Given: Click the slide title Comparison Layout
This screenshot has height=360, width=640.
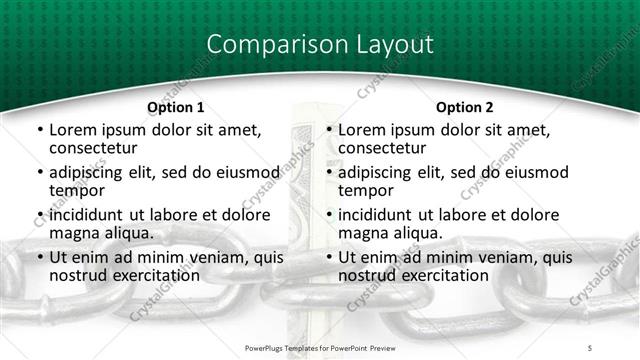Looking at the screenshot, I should tap(320, 45).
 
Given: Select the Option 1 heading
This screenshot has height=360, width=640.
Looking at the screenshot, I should tap(175, 107).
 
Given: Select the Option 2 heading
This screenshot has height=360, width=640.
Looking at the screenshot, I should tap(464, 107).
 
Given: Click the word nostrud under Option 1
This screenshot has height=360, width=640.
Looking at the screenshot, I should tap(77, 275).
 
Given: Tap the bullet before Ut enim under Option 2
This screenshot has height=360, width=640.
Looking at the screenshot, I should tap(328, 258).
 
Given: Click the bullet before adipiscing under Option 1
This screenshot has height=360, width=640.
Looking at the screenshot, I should tap(39, 172).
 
